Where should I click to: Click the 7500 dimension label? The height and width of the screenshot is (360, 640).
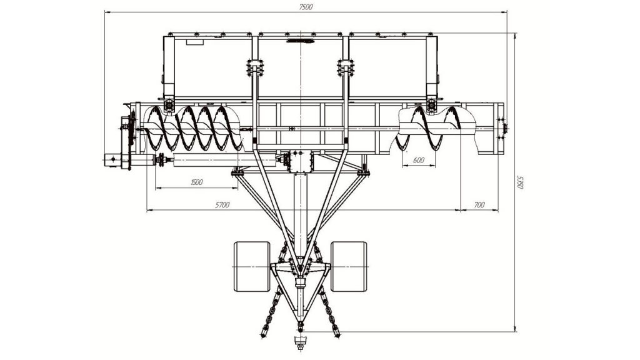coord(306,6)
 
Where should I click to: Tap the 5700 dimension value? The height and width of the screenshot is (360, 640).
coord(222,205)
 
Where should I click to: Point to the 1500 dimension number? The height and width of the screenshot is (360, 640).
coord(197,182)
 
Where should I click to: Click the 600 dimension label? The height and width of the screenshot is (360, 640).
coord(419,161)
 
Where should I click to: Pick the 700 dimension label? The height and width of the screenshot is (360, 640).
coord(479,205)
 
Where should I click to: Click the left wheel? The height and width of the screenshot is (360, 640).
coord(252,266)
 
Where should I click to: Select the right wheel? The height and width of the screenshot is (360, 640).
coord(349,266)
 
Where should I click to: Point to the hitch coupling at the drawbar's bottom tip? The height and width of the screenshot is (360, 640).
coord(301,342)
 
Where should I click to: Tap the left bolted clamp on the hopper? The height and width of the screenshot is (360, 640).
coord(255,67)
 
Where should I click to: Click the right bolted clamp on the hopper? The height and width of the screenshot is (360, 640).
coord(346,67)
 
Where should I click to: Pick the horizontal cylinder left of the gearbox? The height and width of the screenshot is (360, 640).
coord(224,161)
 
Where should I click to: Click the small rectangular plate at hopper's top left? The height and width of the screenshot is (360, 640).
coord(195,42)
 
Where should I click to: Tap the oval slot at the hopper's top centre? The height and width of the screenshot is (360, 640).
coord(301,41)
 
